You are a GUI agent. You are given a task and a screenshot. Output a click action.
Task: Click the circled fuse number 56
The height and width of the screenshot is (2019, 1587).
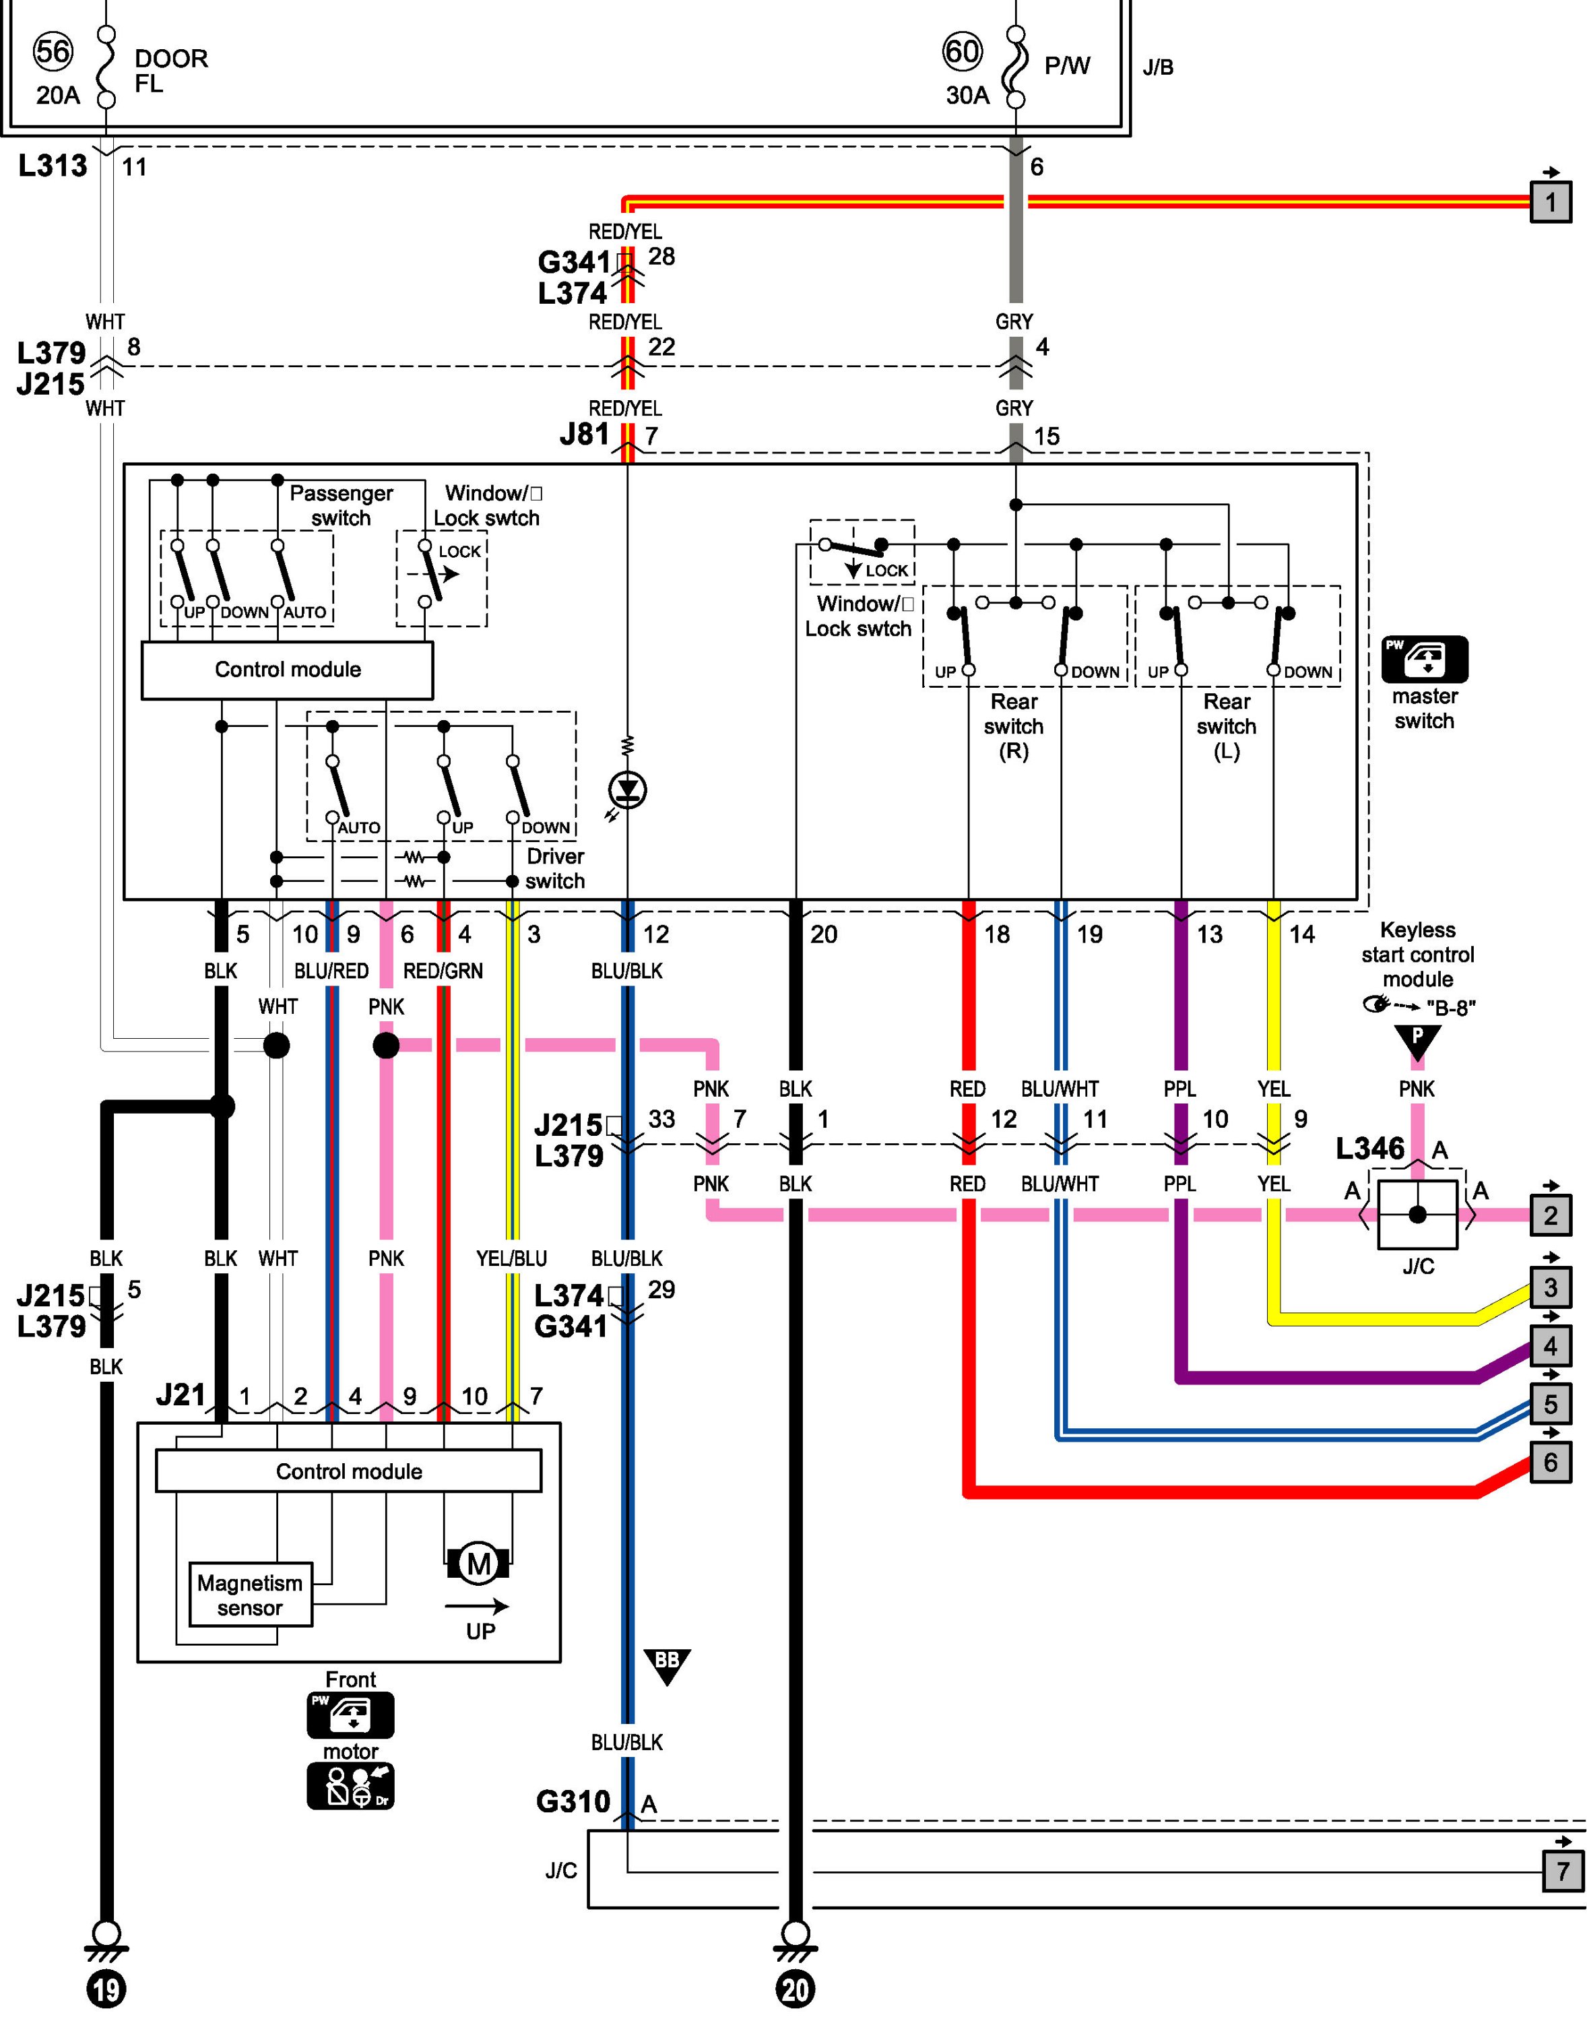(x=53, y=51)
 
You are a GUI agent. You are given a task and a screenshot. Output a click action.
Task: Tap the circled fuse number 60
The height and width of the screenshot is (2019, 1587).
(x=962, y=51)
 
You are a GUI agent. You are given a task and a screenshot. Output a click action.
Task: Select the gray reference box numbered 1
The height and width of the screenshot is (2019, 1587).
(x=1550, y=201)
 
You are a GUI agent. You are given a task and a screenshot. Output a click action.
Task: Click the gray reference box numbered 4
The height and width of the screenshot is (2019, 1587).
(x=1550, y=1346)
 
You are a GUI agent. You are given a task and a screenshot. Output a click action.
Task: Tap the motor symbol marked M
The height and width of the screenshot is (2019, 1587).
(x=478, y=1564)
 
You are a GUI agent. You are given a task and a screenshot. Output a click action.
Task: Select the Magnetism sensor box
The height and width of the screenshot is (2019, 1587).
(x=250, y=1595)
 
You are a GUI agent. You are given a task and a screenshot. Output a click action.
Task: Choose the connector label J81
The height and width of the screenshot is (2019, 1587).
(x=585, y=434)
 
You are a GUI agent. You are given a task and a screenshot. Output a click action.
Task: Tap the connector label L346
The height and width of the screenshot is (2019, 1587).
(x=1369, y=1149)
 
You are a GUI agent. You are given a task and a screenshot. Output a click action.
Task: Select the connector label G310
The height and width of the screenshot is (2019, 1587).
(x=573, y=1801)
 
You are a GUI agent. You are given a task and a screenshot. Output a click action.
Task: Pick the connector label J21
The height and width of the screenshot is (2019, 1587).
(x=181, y=1395)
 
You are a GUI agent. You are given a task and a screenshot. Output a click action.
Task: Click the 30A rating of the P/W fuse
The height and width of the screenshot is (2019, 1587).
(x=967, y=95)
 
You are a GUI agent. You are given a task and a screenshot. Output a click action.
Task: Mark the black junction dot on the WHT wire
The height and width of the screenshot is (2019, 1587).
(x=276, y=1046)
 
